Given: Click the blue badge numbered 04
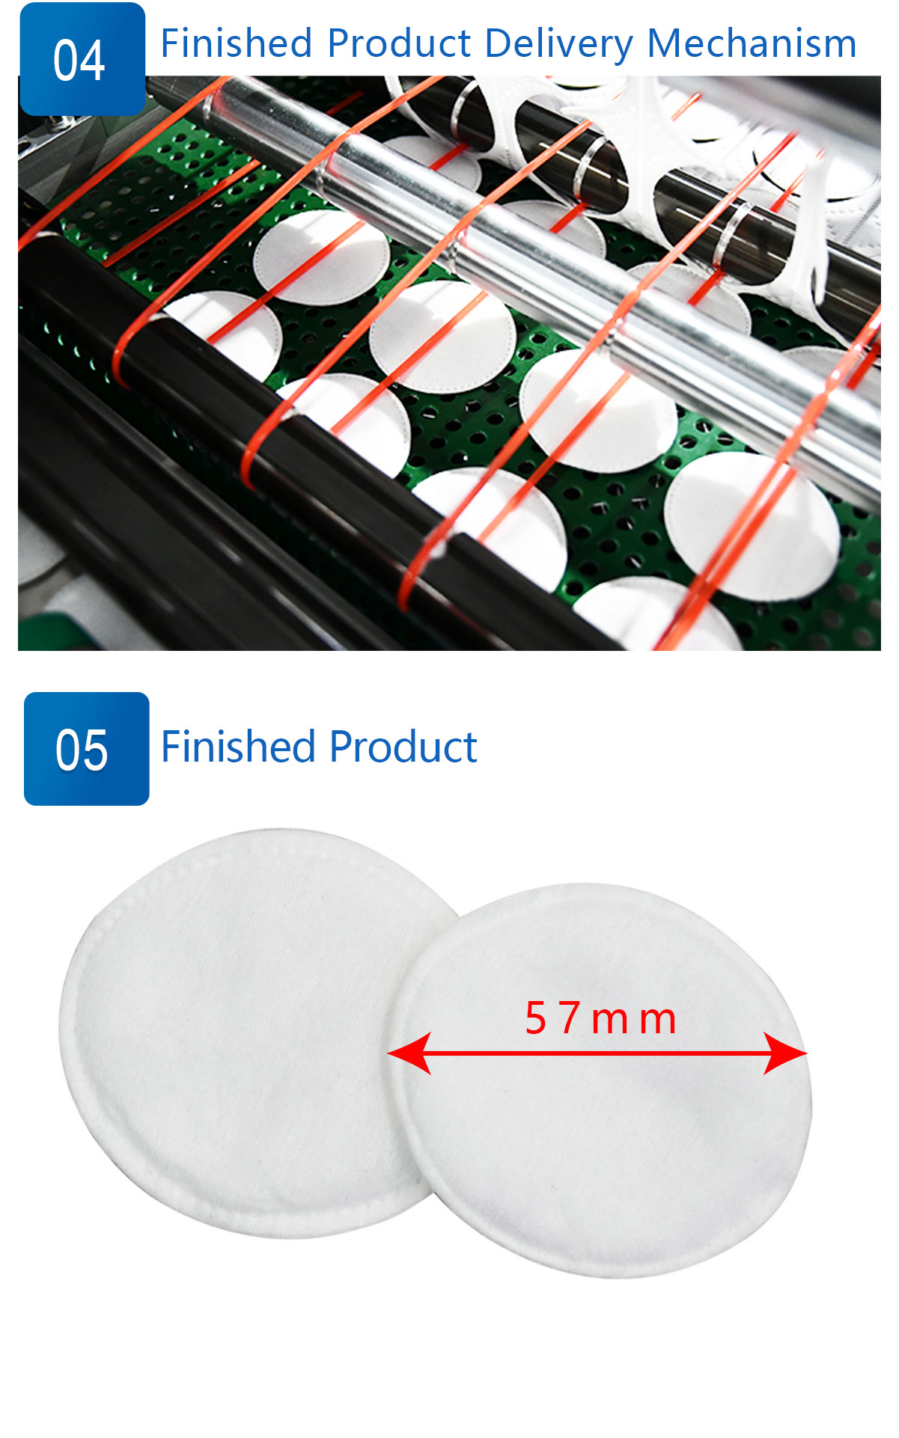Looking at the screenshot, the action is point(82,59).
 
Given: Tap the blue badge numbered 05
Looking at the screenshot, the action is point(86,748).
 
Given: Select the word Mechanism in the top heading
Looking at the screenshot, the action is point(752,43).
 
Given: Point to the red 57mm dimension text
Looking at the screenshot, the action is point(600,1018).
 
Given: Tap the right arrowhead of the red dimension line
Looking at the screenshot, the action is point(785,1053).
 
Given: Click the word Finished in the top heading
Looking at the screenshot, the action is point(236,43).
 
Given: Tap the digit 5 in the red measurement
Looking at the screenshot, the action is point(536,1018).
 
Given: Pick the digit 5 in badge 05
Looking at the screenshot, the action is point(95,750).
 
